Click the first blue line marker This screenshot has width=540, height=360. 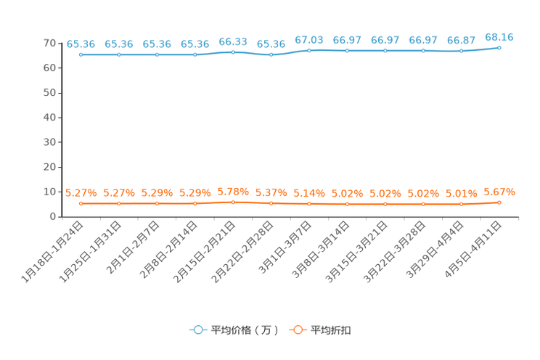click(x=81, y=54)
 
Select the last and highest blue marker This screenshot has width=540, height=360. click(x=499, y=48)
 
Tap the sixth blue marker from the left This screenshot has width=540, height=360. click(x=271, y=54)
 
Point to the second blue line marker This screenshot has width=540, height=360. click(x=118, y=54)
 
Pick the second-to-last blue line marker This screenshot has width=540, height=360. click(x=461, y=52)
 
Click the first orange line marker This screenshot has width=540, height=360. click(x=81, y=204)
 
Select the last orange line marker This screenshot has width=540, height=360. click(x=499, y=202)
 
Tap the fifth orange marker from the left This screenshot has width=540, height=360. click(x=233, y=202)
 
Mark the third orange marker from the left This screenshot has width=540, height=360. click(x=157, y=203)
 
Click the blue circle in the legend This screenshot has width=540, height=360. click(x=197, y=330)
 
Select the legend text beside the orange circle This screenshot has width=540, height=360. click(x=332, y=330)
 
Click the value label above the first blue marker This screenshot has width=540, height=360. click(x=81, y=44)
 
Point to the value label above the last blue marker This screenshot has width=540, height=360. click(x=499, y=37)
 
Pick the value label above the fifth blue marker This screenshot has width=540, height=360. click(x=233, y=41)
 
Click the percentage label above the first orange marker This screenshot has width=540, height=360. click(x=81, y=193)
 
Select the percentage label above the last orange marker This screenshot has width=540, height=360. click(x=499, y=192)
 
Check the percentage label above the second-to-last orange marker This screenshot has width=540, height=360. click(x=461, y=194)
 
